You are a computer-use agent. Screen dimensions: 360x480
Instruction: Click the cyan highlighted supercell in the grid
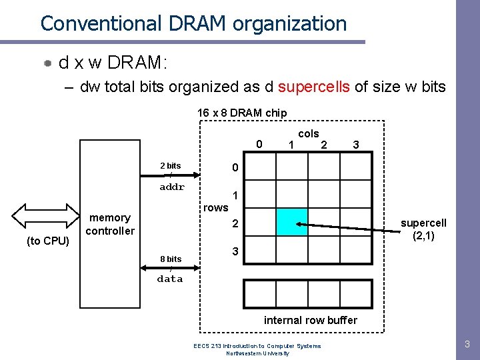(x=291, y=222)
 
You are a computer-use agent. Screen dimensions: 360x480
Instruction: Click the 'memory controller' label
(x=110, y=225)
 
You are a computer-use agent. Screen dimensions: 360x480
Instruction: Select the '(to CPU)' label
(x=48, y=241)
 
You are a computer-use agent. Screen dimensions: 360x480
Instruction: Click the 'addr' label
(x=172, y=187)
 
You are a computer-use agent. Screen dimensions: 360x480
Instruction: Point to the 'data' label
(x=170, y=279)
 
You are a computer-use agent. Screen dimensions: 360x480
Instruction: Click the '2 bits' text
(x=170, y=165)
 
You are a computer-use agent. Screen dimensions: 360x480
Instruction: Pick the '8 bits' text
(x=170, y=259)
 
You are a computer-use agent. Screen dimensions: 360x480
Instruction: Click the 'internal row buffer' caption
(x=311, y=320)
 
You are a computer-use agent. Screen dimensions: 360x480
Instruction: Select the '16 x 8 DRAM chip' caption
(x=242, y=113)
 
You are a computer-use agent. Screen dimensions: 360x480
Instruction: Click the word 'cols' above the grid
(x=308, y=134)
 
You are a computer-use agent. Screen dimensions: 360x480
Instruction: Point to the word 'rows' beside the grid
(x=216, y=208)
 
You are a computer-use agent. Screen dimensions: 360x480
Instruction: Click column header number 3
(x=356, y=145)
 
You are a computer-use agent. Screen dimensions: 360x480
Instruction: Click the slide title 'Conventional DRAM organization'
(x=193, y=24)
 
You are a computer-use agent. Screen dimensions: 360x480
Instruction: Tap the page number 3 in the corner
(x=467, y=345)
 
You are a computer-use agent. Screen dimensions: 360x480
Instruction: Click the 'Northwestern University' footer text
(x=257, y=353)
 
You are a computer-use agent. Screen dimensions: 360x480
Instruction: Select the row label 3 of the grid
(x=234, y=251)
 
